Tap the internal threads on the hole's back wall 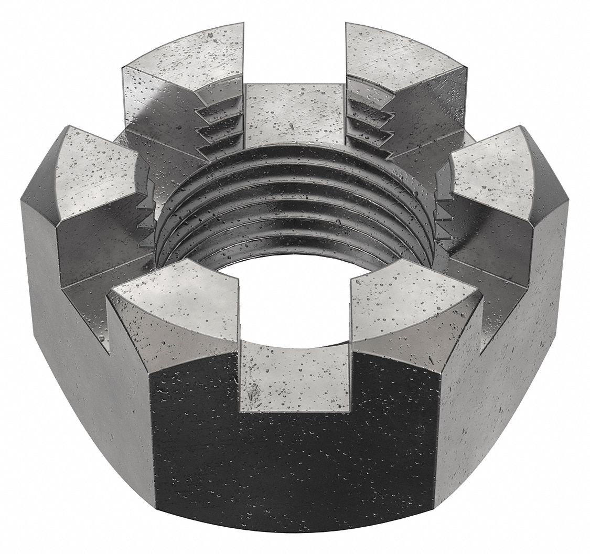point(294,199)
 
